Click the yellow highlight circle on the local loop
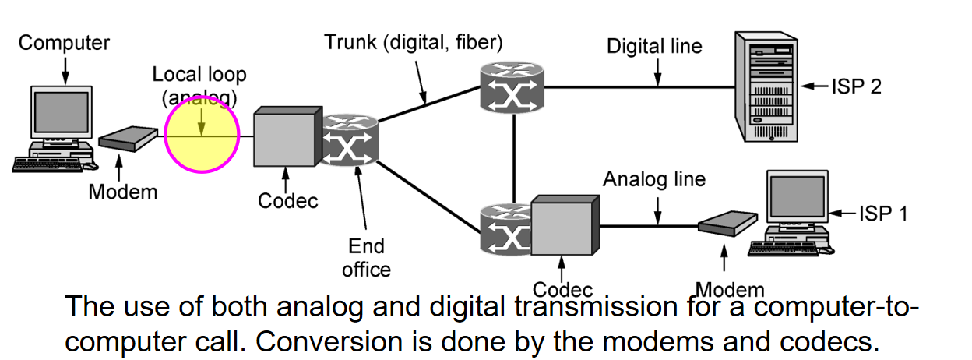coord(202,135)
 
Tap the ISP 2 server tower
coord(766,86)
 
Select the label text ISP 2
coord(857,86)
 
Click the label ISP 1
coord(883,214)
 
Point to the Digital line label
coord(654,46)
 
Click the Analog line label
coord(654,179)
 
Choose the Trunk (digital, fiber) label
coord(413,43)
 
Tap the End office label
coord(366,258)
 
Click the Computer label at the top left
coord(64,43)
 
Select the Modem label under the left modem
coord(123,192)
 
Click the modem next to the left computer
coord(128,139)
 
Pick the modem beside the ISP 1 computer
coord(727,223)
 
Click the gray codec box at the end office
coord(287,136)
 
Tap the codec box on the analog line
coord(565,225)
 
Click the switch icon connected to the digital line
coord(512,88)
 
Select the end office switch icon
coord(349,139)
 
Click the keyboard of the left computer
coord(47,165)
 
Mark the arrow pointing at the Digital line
coord(658,72)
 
